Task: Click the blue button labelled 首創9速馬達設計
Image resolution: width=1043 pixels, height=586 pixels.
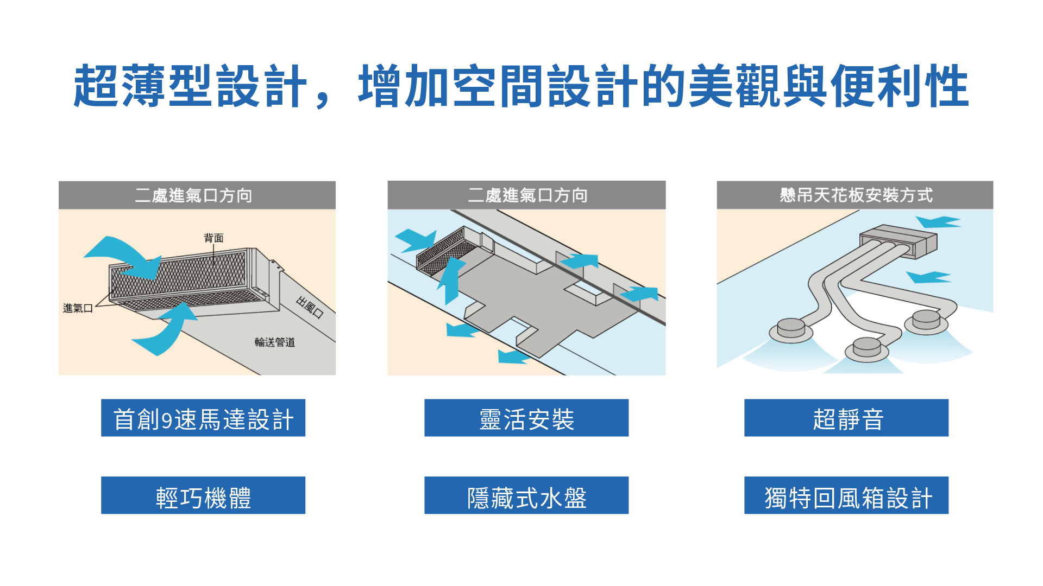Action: [x=203, y=418]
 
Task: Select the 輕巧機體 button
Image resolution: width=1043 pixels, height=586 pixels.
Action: [x=203, y=495]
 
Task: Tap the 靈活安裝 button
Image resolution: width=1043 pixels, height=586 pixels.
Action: [x=526, y=418]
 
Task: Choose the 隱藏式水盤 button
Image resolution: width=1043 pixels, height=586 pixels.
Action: [x=526, y=495]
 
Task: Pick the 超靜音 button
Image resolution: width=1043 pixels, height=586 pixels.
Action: [x=846, y=418]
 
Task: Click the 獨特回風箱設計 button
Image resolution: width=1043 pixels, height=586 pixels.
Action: [x=846, y=495]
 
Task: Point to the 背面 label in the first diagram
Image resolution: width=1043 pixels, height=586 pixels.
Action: [x=213, y=238]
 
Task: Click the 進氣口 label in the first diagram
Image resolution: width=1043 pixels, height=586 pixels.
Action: [x=78, y=308]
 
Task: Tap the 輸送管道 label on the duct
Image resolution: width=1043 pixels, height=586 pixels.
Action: [x=275, y=342]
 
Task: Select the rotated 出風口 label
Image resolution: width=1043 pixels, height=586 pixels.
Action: [x=310, y=307]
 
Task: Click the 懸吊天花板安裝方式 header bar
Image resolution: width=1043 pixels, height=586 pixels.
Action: [x=855, y=195]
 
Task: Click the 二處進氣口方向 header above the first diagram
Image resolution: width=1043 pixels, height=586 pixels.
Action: [x=197, y=195]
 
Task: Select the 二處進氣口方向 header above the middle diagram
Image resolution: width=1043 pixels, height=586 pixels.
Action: [x=526, y=195]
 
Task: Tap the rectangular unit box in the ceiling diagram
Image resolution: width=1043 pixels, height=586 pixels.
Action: [x=899, y=241]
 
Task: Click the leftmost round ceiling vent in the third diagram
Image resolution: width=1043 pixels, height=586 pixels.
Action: [x=791, y=329]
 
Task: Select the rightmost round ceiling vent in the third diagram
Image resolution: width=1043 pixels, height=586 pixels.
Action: [x=926, y=321]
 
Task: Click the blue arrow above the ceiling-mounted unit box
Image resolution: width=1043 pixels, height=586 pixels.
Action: [x=938, y=222]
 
